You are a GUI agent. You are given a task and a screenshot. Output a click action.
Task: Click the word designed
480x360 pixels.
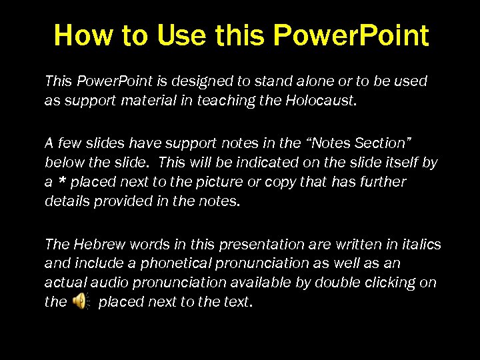pos(204,81)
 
